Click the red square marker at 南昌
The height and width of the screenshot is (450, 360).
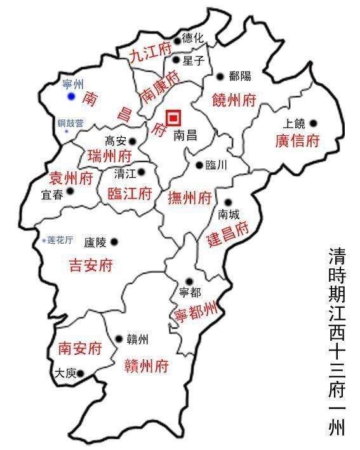pos(173,118)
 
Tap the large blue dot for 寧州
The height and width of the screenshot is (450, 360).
pos(72,96)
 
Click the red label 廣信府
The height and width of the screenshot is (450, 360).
pos(297,141)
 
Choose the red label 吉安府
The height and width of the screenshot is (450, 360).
pos(90,266)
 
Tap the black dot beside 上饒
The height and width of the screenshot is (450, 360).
pos(312,124)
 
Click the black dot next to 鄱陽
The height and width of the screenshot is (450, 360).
pos(220,77)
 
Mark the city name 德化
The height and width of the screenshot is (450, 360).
pos(193,38)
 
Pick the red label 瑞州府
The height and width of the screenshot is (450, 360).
pos(109,156)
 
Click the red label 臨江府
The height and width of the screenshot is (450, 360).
pos(130,194)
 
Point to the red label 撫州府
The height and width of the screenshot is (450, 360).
pos(189,198)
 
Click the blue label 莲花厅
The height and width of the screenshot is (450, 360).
pos(61,241)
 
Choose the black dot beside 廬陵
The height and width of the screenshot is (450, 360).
pos(114,242)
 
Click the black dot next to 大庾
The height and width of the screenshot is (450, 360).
pos(81,373)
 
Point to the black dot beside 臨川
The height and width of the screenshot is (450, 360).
pos(199,165)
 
